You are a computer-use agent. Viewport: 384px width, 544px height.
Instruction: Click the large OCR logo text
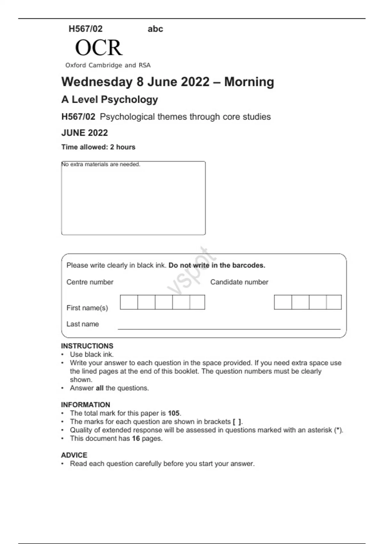pyautogui.click(x=99, y=48)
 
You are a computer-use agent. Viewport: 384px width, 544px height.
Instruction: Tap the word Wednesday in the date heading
pyautogui.click(x=97, y=82)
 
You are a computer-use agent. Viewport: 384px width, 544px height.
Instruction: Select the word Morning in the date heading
pyautogui.click(x=249, y=82)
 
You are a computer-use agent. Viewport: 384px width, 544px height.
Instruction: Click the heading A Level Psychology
pyautogui.click(x=109, y=100)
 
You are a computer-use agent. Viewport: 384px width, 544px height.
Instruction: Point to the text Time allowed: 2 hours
pyautogui.click(x=98, y=147)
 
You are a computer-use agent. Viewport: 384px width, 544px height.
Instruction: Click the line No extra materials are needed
pyautogui.click(x=101, y=164)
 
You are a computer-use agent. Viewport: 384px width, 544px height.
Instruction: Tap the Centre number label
pyautogui.click(x=90, y=282)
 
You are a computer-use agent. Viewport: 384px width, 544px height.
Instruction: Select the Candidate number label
pyautogui.click(x=239, y=282)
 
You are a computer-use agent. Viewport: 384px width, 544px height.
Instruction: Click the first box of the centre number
pyautogui.click(x=129, y=302)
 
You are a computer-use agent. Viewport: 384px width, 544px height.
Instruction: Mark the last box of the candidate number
pyautogui.click(x=334, y=302)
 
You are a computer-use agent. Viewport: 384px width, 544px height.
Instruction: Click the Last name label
pyautogui.click(x=83, y=324)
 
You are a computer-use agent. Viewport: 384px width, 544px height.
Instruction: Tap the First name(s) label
pyautogui.click(x=87, y=308)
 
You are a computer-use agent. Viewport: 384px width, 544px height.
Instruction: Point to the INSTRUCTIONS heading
pyautogui.click(x=87, y=346)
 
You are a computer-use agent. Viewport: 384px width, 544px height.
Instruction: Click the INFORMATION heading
pyautogui.click(x=85, y=405)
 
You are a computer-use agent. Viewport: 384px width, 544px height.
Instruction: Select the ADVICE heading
pyautogui.click(x=74, y=455)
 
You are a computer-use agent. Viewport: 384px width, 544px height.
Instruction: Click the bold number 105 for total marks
pyautogui.click(x=173, y=413)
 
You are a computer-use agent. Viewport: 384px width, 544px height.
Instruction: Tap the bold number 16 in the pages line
pyautogui.click(x=136, y=438)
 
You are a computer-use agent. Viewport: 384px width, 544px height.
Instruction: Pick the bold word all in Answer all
pyautogui.click(x=100, y=388)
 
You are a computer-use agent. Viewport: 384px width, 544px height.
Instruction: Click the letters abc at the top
pyautogui.click(x=155, y=29)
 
